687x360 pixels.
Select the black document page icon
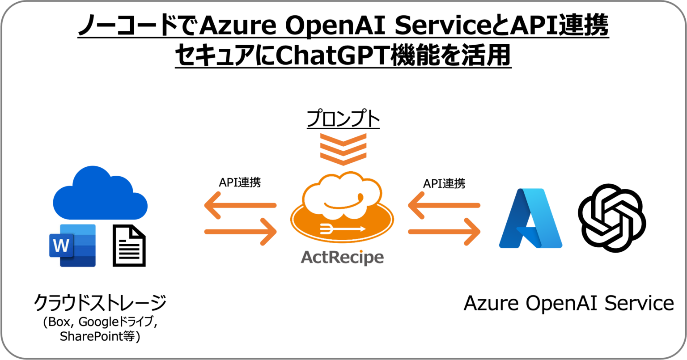[129, 246]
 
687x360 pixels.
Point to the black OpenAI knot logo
[611, 218]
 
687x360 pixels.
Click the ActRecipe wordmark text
[342, 257]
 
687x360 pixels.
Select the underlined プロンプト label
[343, 120]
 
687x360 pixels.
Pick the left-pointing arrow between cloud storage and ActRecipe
[240, 206]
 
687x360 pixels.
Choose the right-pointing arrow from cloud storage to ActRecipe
[241, 232]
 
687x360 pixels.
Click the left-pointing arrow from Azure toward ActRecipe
[444, 206]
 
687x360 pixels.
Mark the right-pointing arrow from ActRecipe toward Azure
[444, 232]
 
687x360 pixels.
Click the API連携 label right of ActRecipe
[444, 183]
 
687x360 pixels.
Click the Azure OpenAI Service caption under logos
[568, 303]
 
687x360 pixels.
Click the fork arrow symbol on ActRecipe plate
[343, 229]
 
